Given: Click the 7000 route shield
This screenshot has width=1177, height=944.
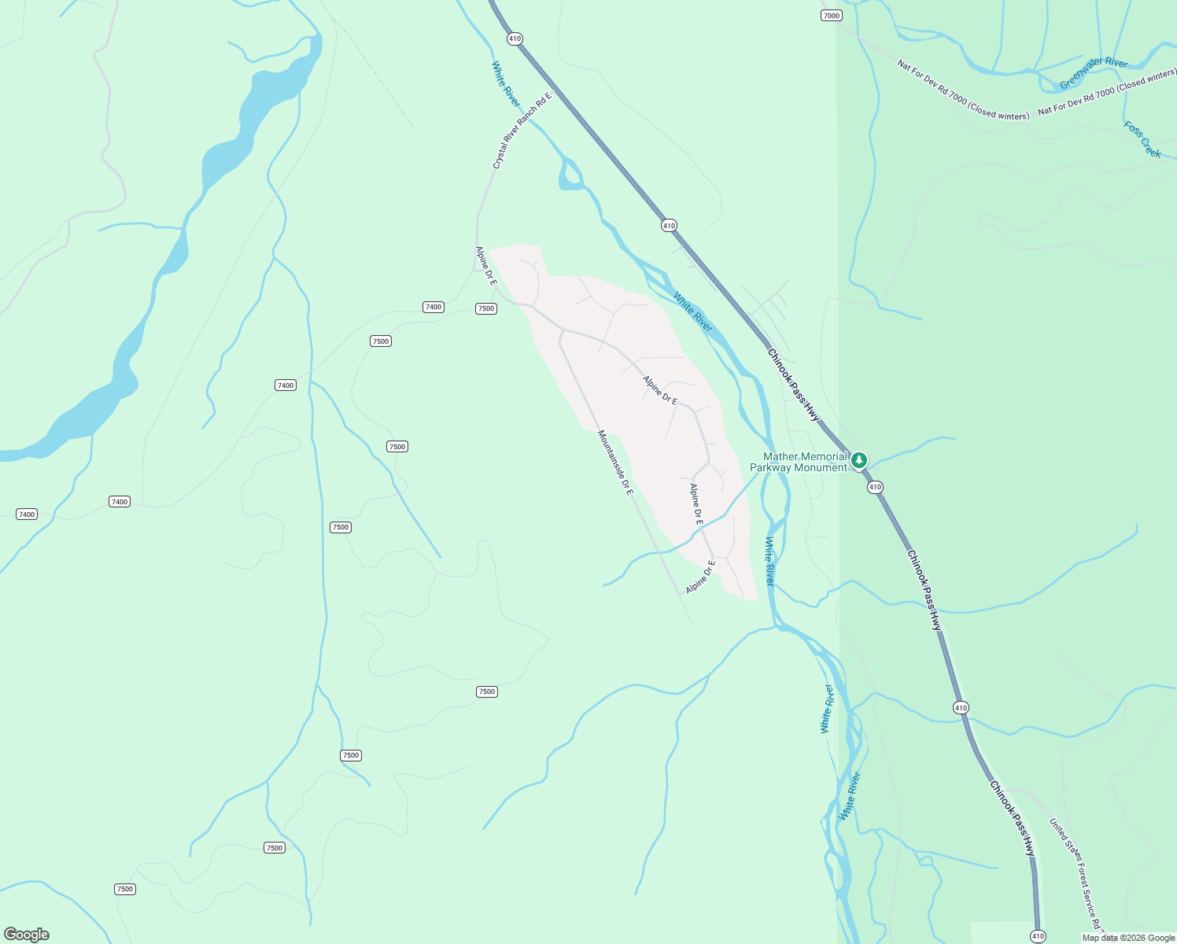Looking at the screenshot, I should (831, 16).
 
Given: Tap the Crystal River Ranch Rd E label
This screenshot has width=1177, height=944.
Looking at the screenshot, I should (522, 130).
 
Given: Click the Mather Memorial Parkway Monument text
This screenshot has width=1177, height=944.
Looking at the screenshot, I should (799, 462).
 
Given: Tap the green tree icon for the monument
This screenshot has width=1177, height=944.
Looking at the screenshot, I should (860, 459).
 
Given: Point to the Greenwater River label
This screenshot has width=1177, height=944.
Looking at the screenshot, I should (1094, 73).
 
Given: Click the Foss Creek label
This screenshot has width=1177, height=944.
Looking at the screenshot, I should (1142, 139).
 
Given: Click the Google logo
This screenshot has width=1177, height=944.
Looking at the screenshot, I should (27, 935).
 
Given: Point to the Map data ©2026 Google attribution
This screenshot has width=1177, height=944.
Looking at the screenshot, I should (1128, 938).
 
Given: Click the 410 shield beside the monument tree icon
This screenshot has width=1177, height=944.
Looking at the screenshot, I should (875, 488).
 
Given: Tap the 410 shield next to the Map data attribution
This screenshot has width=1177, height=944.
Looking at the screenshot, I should (1038, 936).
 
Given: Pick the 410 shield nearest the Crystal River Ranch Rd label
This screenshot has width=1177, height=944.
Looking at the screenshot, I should (515, 39).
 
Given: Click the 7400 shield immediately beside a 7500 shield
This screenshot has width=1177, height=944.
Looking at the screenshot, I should (434, 307).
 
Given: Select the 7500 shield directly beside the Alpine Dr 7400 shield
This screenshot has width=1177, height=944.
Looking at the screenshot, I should (486, 308).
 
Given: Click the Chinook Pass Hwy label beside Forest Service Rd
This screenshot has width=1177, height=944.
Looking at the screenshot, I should (1012, 818).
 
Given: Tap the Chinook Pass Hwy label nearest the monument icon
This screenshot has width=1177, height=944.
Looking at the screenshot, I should (794, 385).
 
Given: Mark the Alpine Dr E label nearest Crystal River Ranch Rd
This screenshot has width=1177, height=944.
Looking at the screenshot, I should (486, 265).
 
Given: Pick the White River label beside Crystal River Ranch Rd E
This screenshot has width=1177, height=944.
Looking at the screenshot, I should (506, 84).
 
